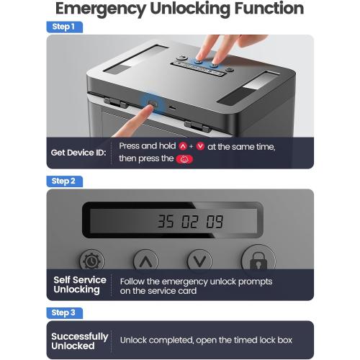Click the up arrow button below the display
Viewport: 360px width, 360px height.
pos(146,260)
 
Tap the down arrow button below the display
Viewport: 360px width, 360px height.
pos(199,260)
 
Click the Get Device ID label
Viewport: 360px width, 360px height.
pos(78,152)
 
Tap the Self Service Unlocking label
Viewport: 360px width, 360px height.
pos(80,284)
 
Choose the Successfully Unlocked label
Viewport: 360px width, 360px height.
pos(80,341)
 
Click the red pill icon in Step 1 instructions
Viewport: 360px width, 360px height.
pos(185,158)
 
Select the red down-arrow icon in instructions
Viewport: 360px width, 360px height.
pos(200,146)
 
